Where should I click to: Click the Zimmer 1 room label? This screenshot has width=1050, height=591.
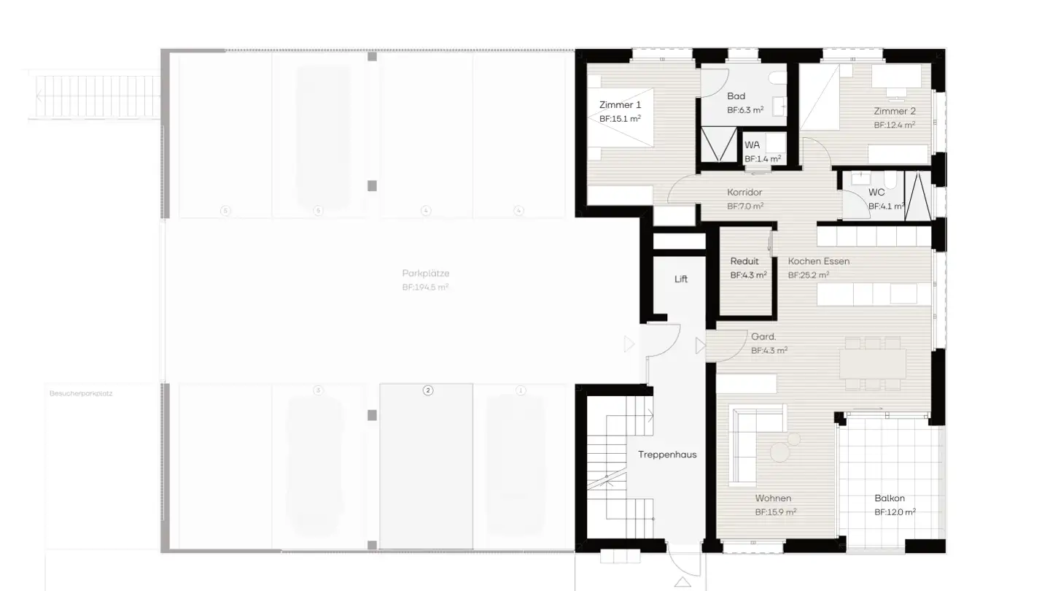[x=620, y=105]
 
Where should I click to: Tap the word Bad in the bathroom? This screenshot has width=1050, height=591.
[x=736, y=96]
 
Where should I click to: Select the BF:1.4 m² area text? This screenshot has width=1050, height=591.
[x=763, y=158]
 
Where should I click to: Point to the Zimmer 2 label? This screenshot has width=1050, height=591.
[x=895, y=112]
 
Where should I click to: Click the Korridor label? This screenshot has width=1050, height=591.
[x=744, y=193]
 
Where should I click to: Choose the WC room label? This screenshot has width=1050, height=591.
[x=876, y=193]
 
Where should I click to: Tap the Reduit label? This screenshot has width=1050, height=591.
[x=744, y=261]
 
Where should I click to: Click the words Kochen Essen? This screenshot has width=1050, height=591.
[x=818, y=261]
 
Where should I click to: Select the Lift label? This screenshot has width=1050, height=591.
[x=681, y=279]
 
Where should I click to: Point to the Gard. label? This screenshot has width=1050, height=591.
[x=763, y=337]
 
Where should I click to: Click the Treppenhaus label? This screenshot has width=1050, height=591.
[x=667, y=455]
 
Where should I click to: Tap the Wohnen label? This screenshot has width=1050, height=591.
[x=773, y=498]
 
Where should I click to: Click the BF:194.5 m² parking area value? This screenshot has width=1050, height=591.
[x=425, y=287]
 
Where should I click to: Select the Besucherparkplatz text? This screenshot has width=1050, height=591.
[x=81, y=393]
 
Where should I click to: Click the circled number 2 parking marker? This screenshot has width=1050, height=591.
[x=428, y=390]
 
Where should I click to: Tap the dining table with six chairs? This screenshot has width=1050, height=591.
[x=872, y=363]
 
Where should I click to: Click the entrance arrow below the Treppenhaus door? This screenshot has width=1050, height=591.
[x=682, y=582]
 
